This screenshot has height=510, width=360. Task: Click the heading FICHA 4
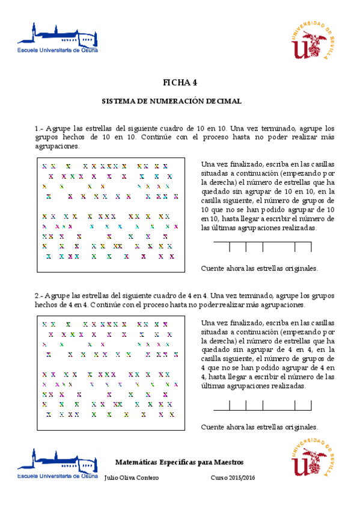(x=180, y=82)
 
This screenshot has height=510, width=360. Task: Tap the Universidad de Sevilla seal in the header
(x=312, y=41)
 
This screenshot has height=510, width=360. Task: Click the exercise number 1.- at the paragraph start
(x=40, y=129)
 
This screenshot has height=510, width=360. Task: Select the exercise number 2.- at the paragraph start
(x=40, y=296)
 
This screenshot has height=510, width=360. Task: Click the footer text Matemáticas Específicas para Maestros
(x=179, y=462)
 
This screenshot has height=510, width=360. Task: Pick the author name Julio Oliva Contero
(x=132, y=478)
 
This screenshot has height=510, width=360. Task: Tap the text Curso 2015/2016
(x=233, y=478)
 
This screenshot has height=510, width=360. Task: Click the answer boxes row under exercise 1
(x=263, y=247)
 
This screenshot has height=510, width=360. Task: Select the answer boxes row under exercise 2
(x=262, y=405)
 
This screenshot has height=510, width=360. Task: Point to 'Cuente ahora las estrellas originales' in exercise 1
(x=259, y=268)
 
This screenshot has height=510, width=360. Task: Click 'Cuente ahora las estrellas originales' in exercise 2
(x=259, y=427)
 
